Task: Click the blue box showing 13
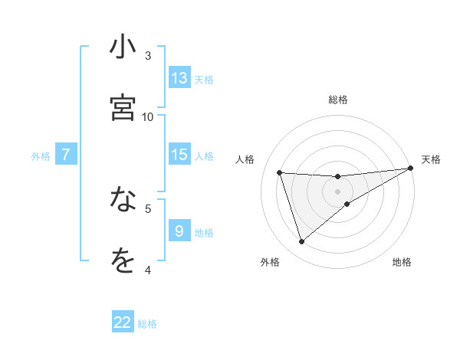click(179, 78)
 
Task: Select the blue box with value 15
click(179, 155)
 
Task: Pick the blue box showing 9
click(179, 231)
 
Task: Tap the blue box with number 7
click(66, 155)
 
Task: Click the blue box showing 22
click(123, 322)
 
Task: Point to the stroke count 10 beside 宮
click(148, 116)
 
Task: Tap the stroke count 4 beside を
click(148, 270)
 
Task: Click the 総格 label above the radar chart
click(338, 100)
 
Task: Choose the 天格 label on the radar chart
click(431, 159)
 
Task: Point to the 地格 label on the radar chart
click(402, 262)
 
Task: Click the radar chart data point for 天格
click(411, 169)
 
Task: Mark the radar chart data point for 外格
click(301, 242)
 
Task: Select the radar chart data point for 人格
click(280, 172)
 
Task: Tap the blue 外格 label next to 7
click(41, 156)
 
